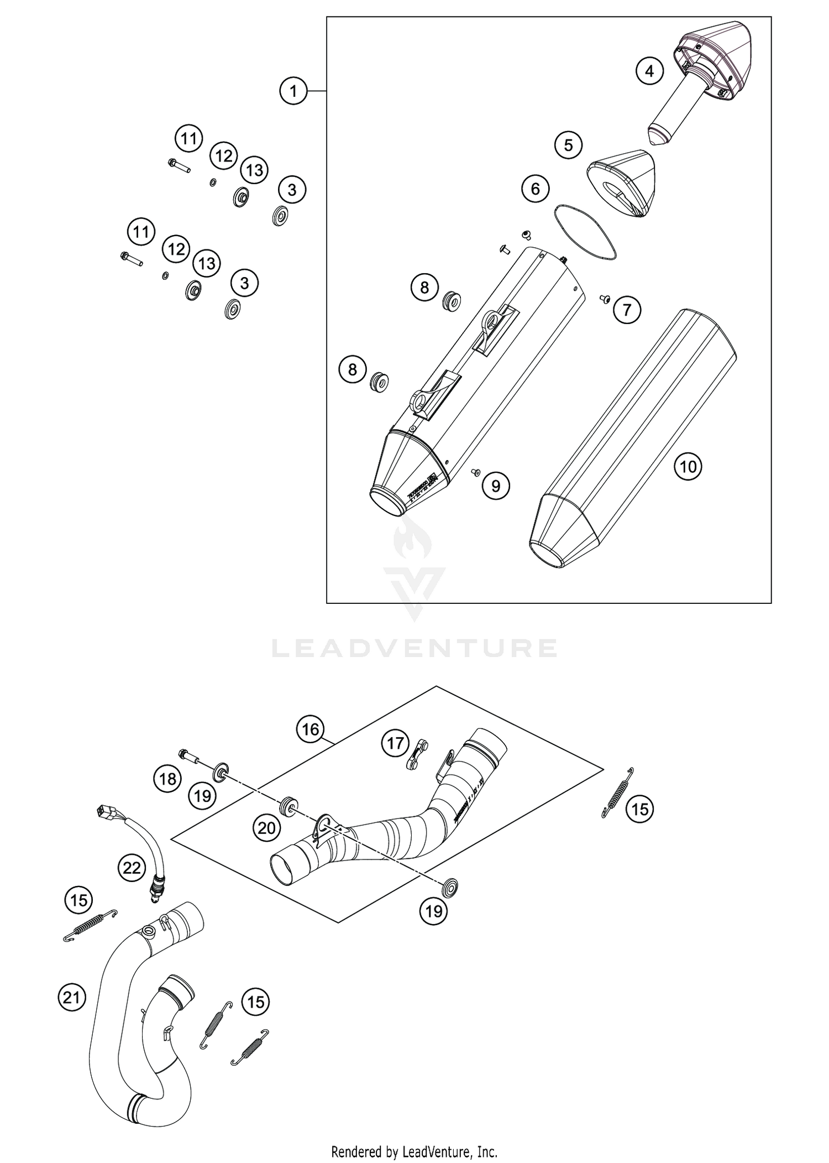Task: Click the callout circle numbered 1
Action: tap(293, 91)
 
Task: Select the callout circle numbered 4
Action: tap(649, 71)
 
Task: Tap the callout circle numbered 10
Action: tap(688, 467)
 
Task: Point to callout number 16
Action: tap(310, 729)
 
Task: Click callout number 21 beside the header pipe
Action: tap(72, 998)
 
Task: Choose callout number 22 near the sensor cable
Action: tap(132, 868)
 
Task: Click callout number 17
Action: tap(395, 743)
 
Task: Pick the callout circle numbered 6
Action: tap(535, 189)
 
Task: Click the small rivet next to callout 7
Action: tap(604, 299)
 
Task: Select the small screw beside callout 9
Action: tap(474, 472)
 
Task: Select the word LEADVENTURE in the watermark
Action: tap(414, 648)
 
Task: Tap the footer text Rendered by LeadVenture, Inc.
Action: tap(414, 1152)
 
